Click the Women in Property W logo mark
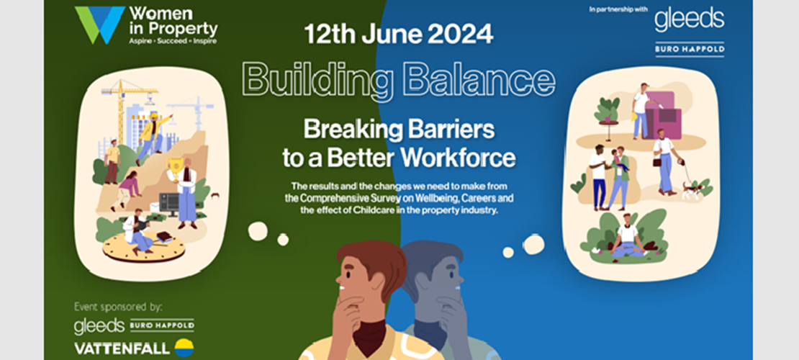click(99, 25)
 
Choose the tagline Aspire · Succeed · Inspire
click(173, 42)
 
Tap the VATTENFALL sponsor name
click(122, 348)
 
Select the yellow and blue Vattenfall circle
click(185, 348)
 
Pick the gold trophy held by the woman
click(174, 171)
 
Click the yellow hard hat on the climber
click(153, 116)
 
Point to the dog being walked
click(692, 189)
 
